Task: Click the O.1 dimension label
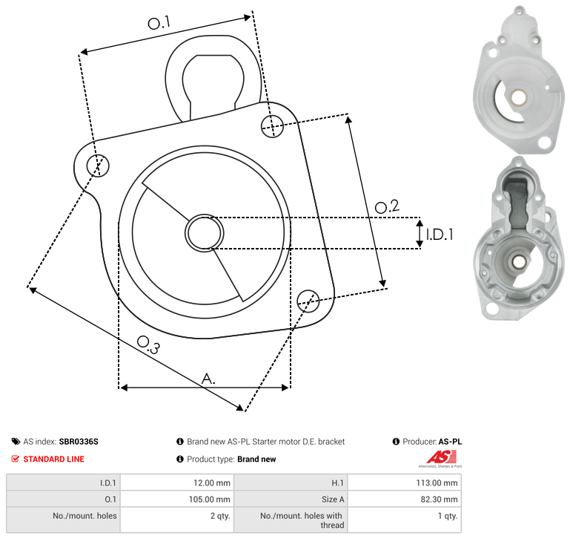(159, 23)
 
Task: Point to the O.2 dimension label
(387, 206)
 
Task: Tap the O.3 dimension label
(148, 344)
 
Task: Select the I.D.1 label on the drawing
(440, 235)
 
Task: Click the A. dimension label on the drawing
(208, 379)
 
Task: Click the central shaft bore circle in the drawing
(205, 233)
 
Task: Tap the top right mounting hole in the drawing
(272, 126)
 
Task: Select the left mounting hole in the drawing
(98, 166)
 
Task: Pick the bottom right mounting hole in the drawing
(308, 301)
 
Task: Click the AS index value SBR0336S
(79, 442)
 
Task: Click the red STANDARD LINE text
(53, 459)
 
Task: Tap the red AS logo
(441, 457)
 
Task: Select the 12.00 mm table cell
(177, 483)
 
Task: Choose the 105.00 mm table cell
(177, 499)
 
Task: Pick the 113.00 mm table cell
(404, 483)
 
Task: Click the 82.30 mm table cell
(404, 499)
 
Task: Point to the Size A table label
(333, 500)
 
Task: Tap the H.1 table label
(338, 483)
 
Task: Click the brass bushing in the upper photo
(519, 97)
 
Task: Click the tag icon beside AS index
(16, 442)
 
